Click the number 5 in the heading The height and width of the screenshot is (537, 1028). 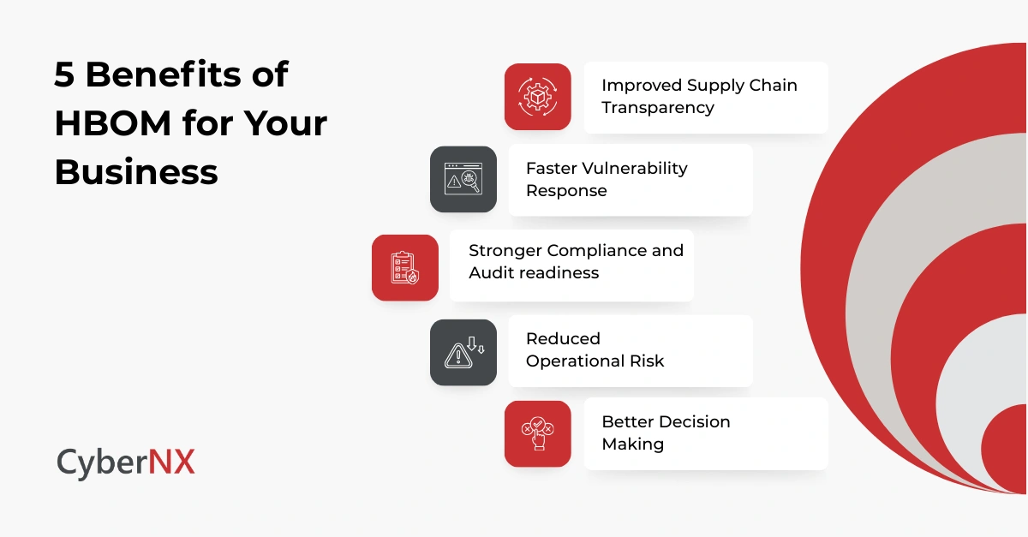(x=64, y=75)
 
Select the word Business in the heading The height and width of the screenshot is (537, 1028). (x=136, y=172)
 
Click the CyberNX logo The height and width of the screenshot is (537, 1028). (x=126, y=462)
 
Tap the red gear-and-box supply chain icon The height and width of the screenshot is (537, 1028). (x=537, y=97)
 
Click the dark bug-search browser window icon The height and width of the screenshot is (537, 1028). (x=463, y=179)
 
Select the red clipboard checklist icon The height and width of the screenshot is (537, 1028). (x=404, y=267)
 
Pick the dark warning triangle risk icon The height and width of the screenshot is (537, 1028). (x=463, y=352)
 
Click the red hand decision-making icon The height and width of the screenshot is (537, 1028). (x=537, y=433)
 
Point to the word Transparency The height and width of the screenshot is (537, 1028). (x=658, y=108)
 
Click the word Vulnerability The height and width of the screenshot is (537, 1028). (x=631, y=168)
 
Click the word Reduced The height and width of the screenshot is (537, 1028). (x=563, y=338)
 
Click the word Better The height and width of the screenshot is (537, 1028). (x=628, y=421)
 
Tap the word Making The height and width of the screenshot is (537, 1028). (x=632, y=444)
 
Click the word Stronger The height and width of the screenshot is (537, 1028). (x=505, y=251)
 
